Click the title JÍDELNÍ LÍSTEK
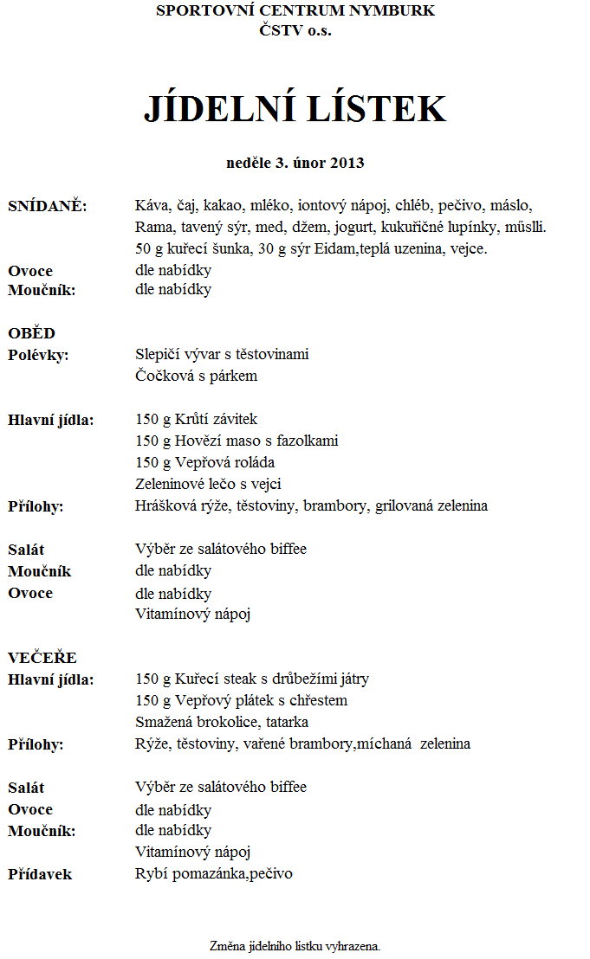[x=295, y=109]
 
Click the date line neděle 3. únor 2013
[x=295, y=163]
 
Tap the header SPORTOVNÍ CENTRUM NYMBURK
[x=295, y=11]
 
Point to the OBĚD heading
[x=32, y=333]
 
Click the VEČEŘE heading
[x=42, y=658]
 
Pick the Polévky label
[x=39, y=355]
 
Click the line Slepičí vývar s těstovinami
[x=222, y=354]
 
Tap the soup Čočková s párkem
[x=196, y=377]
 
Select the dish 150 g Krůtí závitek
[x=197, y=420]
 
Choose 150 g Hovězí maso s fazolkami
[x=237, y=441]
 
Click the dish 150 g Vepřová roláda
[x=204, y=463]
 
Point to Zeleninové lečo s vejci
[x=208, y=485]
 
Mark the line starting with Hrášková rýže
[x=311, y=506]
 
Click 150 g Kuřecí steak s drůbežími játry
[x=252, y=679]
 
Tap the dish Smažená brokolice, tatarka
[x=222, y=723]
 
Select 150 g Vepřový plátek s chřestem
[x=241, y=701]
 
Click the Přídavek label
[x=40, y=874]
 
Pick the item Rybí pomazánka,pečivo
[x=214, y=874]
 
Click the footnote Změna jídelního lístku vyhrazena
[x=295, y=946]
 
